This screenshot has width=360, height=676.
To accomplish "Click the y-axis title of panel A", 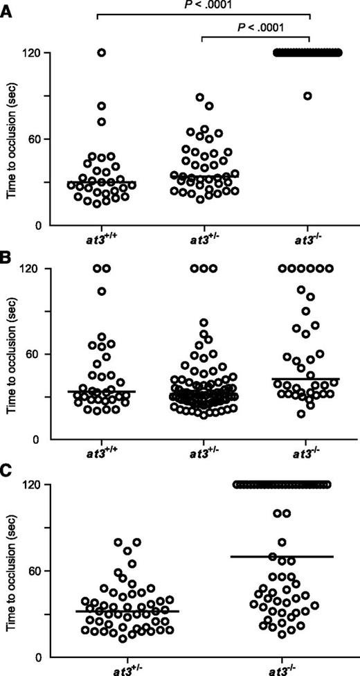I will click(12, 139).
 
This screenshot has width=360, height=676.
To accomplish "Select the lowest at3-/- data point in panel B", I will click(282, 414).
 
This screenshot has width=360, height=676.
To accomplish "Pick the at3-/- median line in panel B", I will click(305, 379).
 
